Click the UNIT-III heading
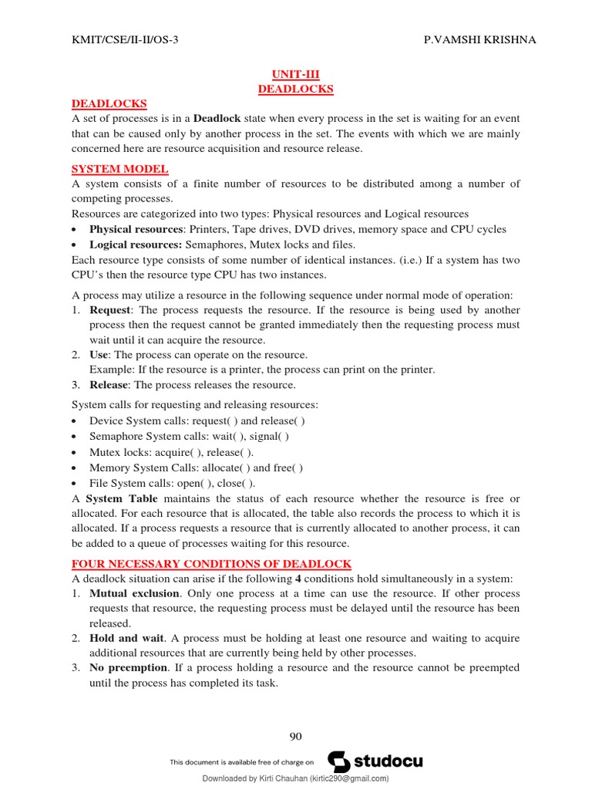pyautogui.click(x=295, y=74)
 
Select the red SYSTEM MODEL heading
pyautogui.click(x=119, y=169)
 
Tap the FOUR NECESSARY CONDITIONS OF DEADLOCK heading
pyautogui.click(x=211, y=564)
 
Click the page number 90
pyautogui.click(x=295, y=736)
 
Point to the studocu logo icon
pyautogui.click(x=338, y=761)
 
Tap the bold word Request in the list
pyautogui.click(x=110, y=310)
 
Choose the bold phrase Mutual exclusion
pyautogui.click(x=136, y=594)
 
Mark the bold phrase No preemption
pyautogui.click(x=128, y=668)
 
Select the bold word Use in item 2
pyautogui.click(x=99, y=355)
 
